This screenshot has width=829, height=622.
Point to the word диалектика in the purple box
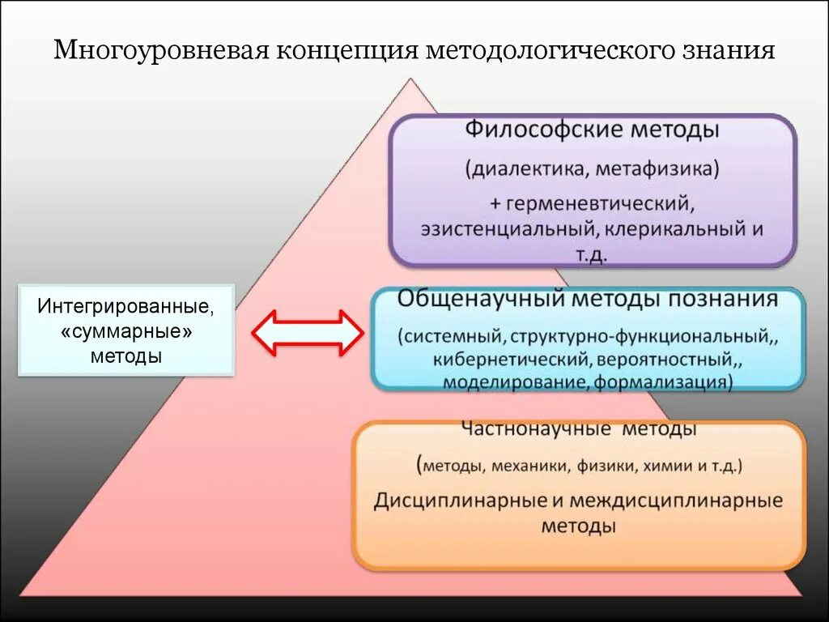522,170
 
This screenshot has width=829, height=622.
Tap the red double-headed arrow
307,333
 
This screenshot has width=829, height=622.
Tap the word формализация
664,381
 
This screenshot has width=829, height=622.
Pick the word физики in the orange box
611,466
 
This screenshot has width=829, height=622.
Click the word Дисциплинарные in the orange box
460,500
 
